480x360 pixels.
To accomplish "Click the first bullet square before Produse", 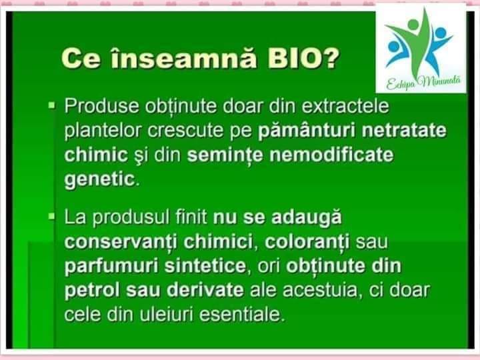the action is pyautogui.click(x=52, y=105).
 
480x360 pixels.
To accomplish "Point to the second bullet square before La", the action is pyautogui.click(x=52, y=217).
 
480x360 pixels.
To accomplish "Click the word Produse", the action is pyautogui.click(x=101, y=106).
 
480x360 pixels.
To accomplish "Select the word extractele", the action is pyautogui.click(x=345, y=106).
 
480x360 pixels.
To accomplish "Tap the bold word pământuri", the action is pyautogui.click(x=307, y=131).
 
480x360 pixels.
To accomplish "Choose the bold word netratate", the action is pyautogui.click(x=404, y=131).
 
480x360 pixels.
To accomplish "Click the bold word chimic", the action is pyautogui.click(x=96, y=155).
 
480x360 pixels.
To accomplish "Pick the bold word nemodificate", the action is pyautogui.click(x=331, y=155).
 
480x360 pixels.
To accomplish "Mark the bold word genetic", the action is pyautogui.click(x=100, y=179).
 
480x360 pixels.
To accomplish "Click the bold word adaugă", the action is pyautogui.click(x=307, y=218).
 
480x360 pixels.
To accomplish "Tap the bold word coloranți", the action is pyautogui.click(x=307, y=242).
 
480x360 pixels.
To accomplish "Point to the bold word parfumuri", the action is pyautogui.click(x=111, y=266).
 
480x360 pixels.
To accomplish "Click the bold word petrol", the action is pyautogui.click(x=92, y=290).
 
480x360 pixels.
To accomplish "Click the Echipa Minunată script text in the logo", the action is pyautogui.click(x=423, y=82).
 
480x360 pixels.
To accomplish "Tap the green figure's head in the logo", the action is pyautogui.click(x=413, y=24).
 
